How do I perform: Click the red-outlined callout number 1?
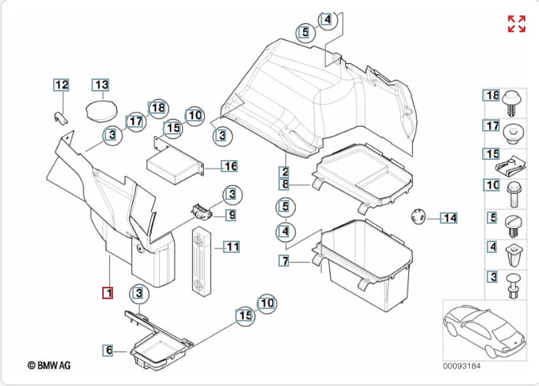[x=108, y=292]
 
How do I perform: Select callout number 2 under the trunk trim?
[x=284, y=171]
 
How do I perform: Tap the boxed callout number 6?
[x=108, y=350]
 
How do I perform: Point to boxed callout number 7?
[x=284, y=262]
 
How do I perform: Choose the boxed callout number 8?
[x=284, y=185]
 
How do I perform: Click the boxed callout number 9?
[x=230, y=215]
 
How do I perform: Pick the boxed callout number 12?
[x=61, y=85]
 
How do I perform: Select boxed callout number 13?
[x=101, y=85]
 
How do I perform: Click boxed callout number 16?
[x=230, y=166]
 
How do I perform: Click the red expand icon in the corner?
[x=516, y=23]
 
